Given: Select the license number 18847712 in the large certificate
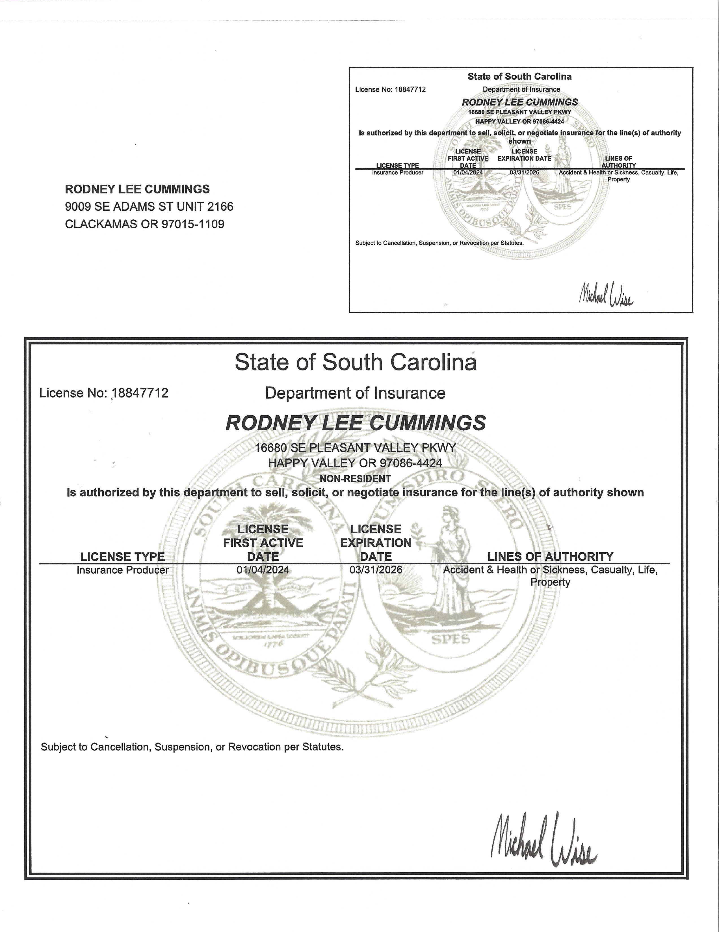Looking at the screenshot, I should tap(140, 393).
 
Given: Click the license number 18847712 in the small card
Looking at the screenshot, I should tap(409, 90).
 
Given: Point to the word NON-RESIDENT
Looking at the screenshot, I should tap(355, 479).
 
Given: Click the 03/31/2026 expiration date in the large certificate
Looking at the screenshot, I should tap(376, 570).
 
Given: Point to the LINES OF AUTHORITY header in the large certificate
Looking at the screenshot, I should tap(550, 556).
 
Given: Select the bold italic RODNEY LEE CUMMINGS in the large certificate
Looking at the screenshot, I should tap(356, 423).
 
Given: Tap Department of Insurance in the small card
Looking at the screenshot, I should tap(521, 90).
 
